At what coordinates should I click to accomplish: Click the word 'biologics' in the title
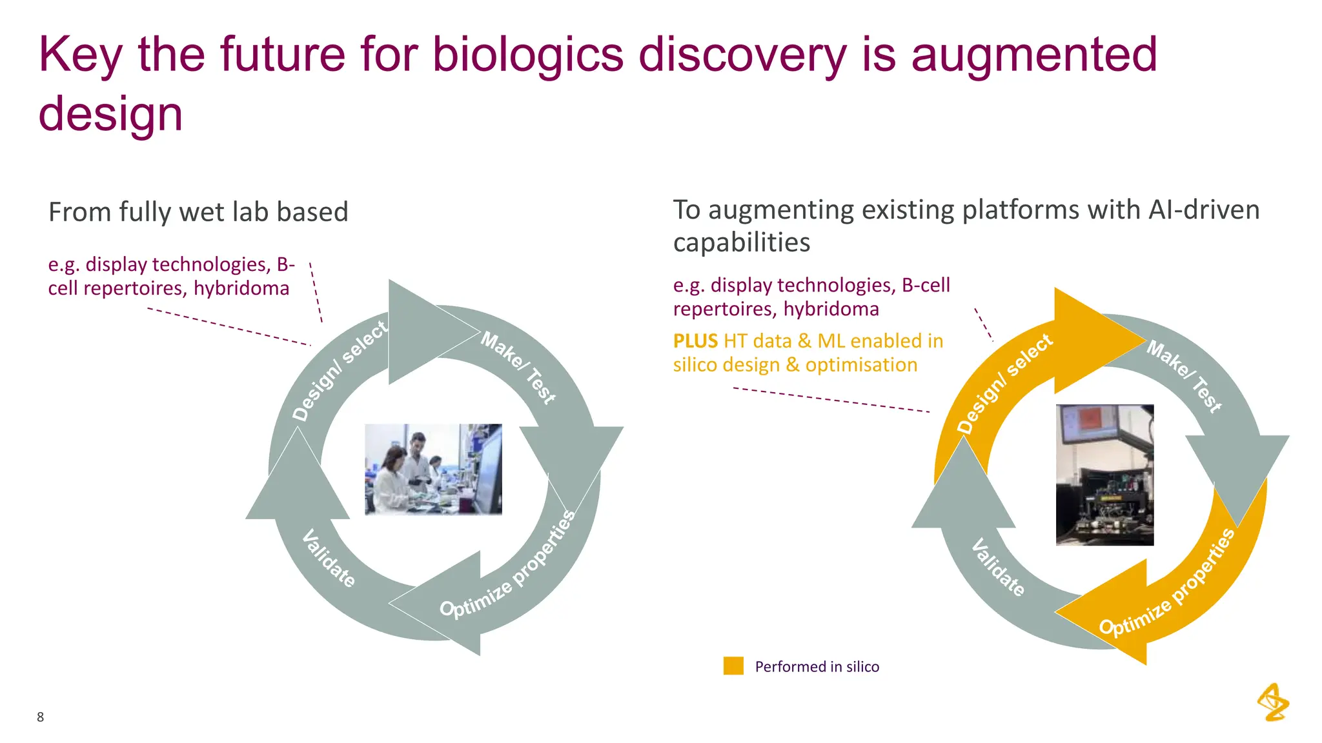[527, 55]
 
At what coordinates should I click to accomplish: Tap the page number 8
[40, 717]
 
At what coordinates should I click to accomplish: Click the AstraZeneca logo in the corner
[1272, 702]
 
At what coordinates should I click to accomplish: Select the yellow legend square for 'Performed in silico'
[733, 666]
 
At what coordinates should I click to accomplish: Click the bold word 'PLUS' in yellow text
[695, 341]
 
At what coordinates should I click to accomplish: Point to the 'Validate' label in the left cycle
[329, 559]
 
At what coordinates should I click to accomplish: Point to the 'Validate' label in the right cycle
[998, 568]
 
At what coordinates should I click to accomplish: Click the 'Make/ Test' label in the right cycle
[1184, 376]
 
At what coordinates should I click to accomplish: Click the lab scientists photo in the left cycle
[433, 469]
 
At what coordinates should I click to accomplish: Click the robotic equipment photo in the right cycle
[1104, 490]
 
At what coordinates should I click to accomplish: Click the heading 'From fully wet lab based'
[198, 212]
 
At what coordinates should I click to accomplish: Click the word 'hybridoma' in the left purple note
[241, 288]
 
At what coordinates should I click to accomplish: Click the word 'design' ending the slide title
[110, 115]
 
